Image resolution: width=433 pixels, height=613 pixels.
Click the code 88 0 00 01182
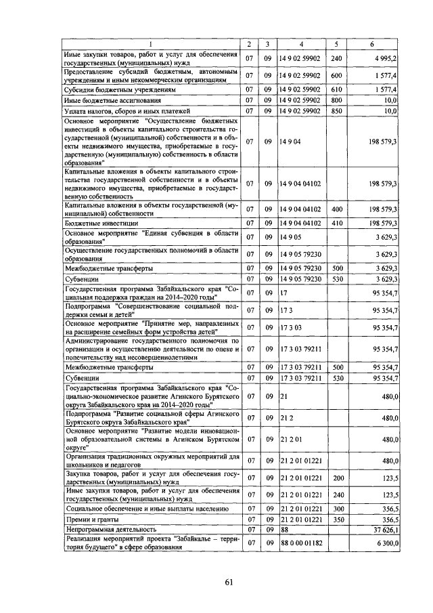(301, 543)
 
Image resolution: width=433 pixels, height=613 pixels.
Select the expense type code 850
(336, 110)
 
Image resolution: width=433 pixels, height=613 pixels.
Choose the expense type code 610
(336, 89)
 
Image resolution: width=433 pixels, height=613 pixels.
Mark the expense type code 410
(336, 222)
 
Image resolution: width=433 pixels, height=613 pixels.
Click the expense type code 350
(336, 519)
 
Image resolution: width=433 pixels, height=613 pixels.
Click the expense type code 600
(336, 75)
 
